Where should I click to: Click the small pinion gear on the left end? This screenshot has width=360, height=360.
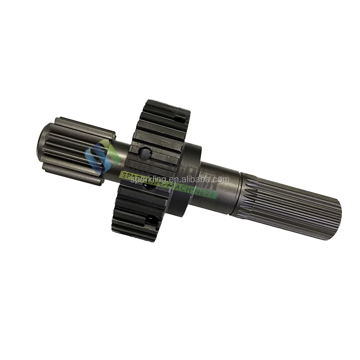coord(77,149)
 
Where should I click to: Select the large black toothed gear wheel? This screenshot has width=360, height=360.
coord(151,169)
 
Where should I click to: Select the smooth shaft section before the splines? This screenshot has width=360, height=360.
coord(220,187)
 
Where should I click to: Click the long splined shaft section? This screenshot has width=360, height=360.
coord(288,205)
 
